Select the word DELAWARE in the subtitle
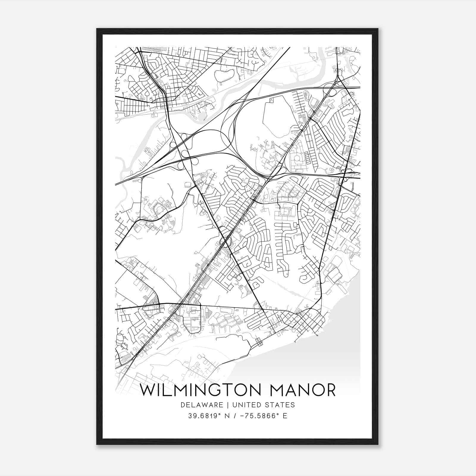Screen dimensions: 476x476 (201, 405)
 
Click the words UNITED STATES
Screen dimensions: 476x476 (264, 405)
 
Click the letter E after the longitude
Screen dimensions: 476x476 (285, 416)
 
